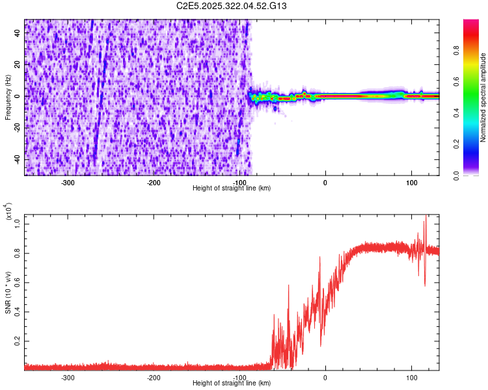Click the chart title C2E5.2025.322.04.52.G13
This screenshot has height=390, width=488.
pos(232,6)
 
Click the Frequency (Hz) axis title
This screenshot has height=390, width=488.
pos(8,97)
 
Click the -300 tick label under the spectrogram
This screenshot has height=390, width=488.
pos(68,182)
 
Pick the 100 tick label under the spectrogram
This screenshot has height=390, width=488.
pos(411,182)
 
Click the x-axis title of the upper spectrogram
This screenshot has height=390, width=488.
pos(232,188)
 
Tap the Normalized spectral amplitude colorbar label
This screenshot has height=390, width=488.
pos(483,97)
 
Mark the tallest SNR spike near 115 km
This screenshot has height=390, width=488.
pos(426,216)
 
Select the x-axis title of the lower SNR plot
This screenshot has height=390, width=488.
pos(232,383)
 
